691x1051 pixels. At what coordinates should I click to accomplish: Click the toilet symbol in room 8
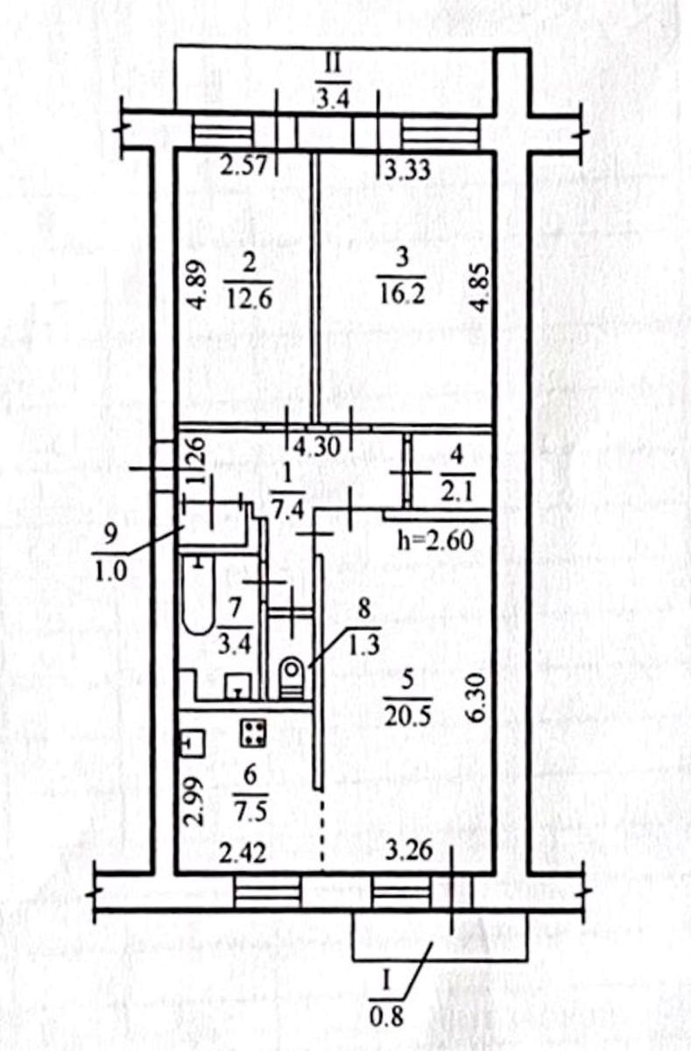point(292,678)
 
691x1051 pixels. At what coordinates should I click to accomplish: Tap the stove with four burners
point(253,733)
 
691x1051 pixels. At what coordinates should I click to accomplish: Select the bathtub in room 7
point(199,594)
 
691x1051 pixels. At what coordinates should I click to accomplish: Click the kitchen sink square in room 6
point(194,744)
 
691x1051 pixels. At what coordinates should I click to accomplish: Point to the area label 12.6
point(249,299)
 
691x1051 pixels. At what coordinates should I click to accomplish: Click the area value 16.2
point(402,294)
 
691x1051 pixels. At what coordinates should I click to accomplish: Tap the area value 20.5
point(407,716)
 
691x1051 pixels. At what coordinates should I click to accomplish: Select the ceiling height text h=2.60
point(435,541)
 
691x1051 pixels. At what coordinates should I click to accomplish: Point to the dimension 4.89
point(199,285)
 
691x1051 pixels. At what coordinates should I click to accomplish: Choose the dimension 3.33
point(408,169)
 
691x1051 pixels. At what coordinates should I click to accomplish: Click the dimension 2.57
point(244,166)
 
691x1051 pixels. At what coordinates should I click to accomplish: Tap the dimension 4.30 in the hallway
point(316,447)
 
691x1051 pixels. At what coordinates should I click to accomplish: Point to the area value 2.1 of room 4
point(458,492)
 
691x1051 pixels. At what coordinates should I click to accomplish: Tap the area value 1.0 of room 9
point(110,573)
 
